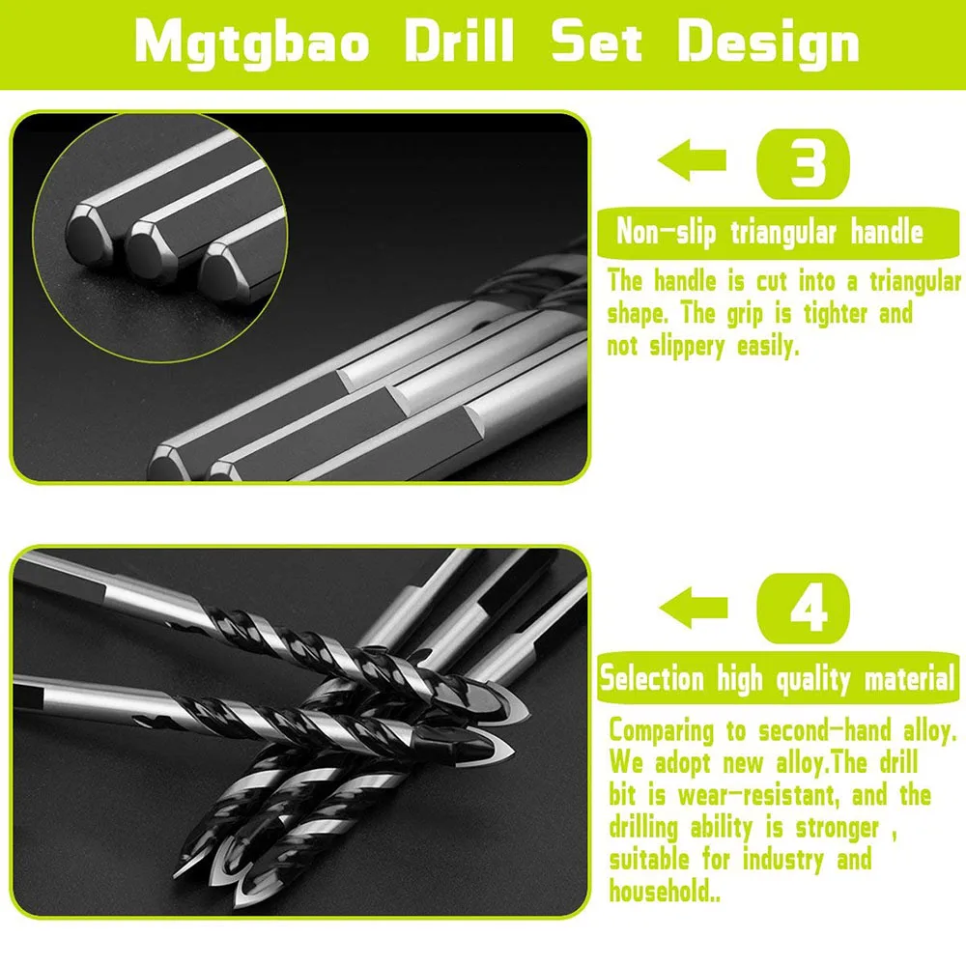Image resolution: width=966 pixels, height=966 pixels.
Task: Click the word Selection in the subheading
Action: [x=652, y=678]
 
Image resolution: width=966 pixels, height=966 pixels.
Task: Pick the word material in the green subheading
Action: [x=909, y=678]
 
